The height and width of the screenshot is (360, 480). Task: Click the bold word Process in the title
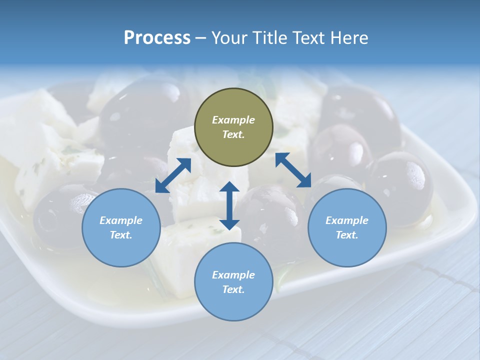(157, 38)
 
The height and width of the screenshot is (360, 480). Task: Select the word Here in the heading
(349, 38)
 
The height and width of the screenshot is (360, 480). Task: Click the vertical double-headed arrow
(229, 205)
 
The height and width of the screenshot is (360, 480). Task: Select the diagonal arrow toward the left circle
(173, 175)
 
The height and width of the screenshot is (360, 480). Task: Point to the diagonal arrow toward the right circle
(293, 170)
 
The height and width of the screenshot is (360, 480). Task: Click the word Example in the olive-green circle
(233, 120)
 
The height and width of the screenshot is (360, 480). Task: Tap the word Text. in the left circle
(121, 235)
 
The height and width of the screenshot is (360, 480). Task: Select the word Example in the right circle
(347, 220)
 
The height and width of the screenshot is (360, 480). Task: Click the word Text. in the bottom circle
(233, 289)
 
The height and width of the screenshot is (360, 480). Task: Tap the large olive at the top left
(142, 110)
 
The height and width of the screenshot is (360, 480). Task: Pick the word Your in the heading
(228, 38)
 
